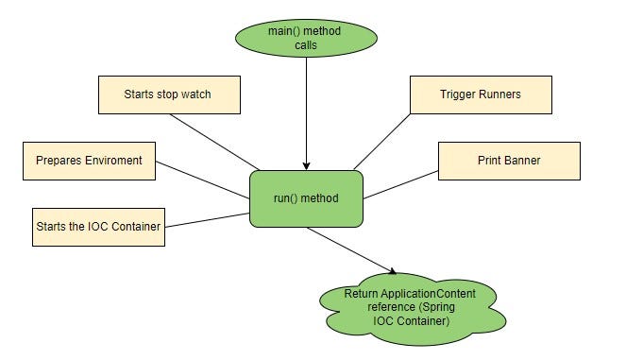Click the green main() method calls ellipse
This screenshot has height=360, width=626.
click(305, 39)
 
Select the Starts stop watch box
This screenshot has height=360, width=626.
click(168, 94)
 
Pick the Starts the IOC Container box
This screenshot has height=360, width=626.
click(97, 227)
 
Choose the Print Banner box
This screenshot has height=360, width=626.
click(508, 161)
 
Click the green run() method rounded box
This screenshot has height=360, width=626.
click(306, 198)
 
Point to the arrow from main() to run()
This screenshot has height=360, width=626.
click(306, 113)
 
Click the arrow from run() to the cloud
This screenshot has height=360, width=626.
click(349, 249)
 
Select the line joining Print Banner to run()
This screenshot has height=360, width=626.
click(401, 185)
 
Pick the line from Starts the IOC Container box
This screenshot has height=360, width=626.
click(207, 220)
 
